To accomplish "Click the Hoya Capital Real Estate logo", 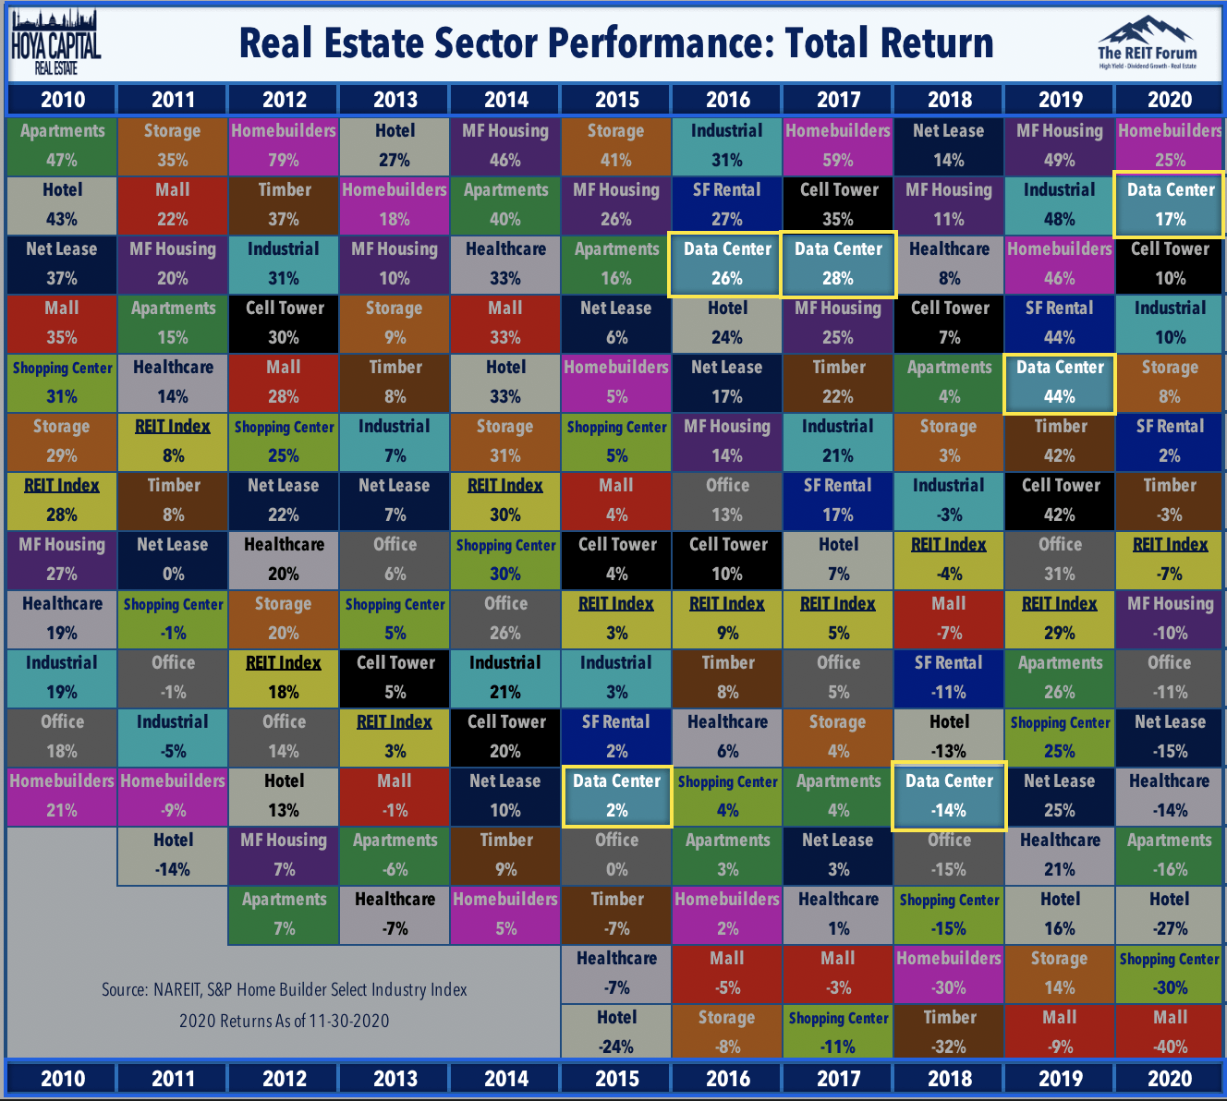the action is tap(55, 42).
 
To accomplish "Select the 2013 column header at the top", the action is tap(395, 100).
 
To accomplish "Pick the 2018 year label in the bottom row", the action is tap(949, 1078).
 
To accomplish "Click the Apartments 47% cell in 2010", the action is tap(62, 145).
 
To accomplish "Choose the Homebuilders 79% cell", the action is tap(284, 145).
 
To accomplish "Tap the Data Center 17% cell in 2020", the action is tap(1170, 204).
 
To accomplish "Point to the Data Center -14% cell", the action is tap(949, 796).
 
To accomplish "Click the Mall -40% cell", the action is tap(1170, 1032).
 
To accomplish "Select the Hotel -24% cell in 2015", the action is tap(616, 1032).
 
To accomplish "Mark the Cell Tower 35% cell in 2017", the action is tap(838, 204).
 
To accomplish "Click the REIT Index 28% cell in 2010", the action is tap(62, 500).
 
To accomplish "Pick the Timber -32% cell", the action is tap(949, 1032).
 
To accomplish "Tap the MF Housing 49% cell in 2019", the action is tap(1059, 145).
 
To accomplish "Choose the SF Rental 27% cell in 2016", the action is tap(727, 204).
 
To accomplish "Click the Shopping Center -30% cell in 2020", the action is tap(1170, 974).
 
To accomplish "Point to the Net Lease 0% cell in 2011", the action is tap(173, 559).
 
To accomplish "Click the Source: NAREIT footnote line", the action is tap(284, 989).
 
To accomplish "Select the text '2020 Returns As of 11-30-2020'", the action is tap(284, 1021).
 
